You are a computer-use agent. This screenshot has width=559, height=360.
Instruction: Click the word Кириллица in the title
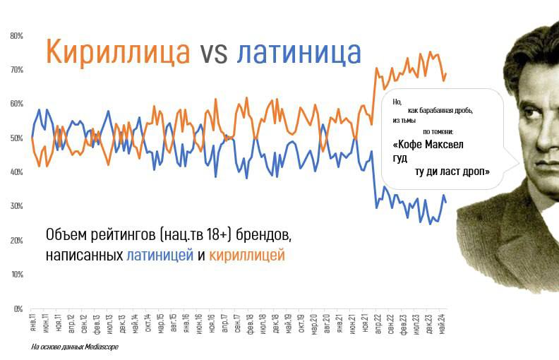click(117, 52)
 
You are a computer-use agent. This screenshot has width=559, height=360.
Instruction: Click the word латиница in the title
click(299, 52)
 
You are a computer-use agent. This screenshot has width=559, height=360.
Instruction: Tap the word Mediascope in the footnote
click(102, 347)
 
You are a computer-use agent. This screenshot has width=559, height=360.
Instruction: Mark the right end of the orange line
click(446, 73)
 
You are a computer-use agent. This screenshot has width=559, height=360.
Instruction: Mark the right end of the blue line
click(446, 203)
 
